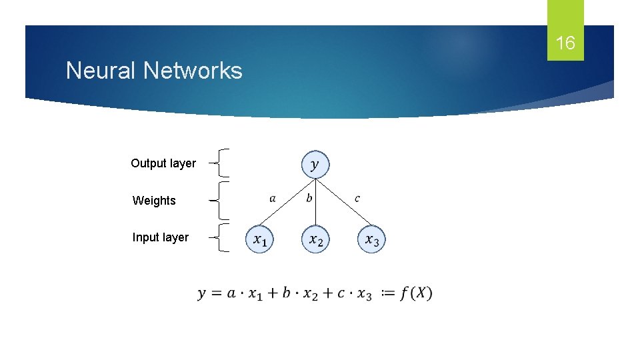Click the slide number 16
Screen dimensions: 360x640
click(x=565, y=44)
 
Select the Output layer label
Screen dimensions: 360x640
click(x=163, y=163)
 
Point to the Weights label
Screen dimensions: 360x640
click(x=154, y=201)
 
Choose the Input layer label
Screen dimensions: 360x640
click(x=161, y=237)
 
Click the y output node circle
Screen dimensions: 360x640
click(x=315, y=164)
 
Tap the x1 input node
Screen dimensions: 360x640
click(x=259, y=240)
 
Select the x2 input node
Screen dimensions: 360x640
click(x=315, y=240)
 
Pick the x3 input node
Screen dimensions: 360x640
click(x=371, y=240)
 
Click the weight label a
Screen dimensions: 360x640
click(x=273, y=198)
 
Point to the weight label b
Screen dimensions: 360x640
click(x=309, y=198)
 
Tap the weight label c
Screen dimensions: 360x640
click(x=357, y=198)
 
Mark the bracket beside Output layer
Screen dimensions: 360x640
click(x=223, y=163)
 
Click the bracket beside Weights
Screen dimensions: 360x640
click(x=223, y=200)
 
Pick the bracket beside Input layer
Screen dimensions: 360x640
click(x=223, y=237)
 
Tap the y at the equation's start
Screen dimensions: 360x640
click(x=201, y=294)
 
